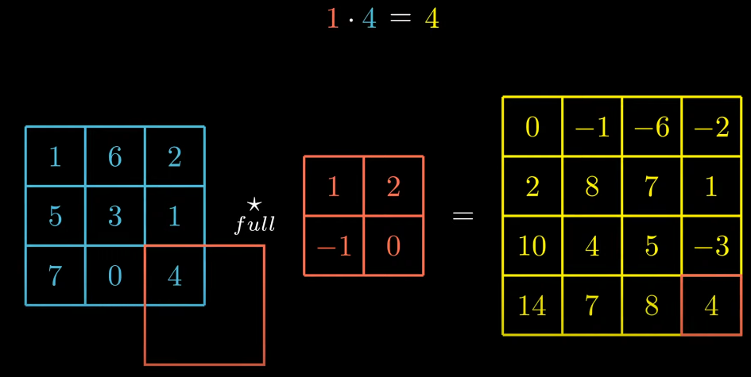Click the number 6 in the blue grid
(114, 156)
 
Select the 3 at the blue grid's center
(114, 216)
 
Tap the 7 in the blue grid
(55, 275)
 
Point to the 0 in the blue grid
(114, 275)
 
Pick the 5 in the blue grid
(55, 216)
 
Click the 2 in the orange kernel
(393, 187)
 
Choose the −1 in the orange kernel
(334, 246)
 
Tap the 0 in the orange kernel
(393, 246)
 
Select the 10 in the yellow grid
(532, 246)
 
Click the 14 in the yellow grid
(532, 306)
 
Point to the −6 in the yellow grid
(652, 127)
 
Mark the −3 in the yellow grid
(711, 246)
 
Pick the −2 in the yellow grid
(711, 127)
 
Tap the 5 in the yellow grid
(652, 246)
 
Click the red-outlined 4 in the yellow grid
(711, 306)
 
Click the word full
(254, 225)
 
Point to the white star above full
(254, 205)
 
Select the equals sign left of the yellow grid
(463, 216)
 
